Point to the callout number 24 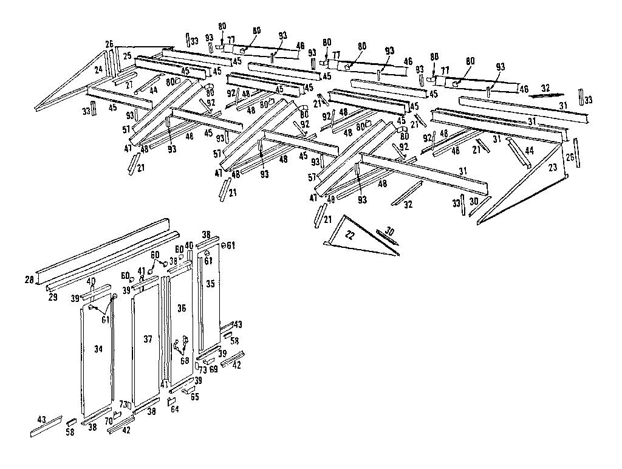click(98, 70)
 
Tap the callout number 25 click(127, 56)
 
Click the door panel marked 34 click(97, 358)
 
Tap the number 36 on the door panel click(181, 309)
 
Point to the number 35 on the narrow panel click(210, 283)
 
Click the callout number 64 click(175, 410)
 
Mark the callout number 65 click(194, 397)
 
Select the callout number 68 click(185, 360)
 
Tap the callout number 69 click(213, 369)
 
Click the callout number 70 click(109, 419)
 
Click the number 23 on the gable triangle click(552, 167)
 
